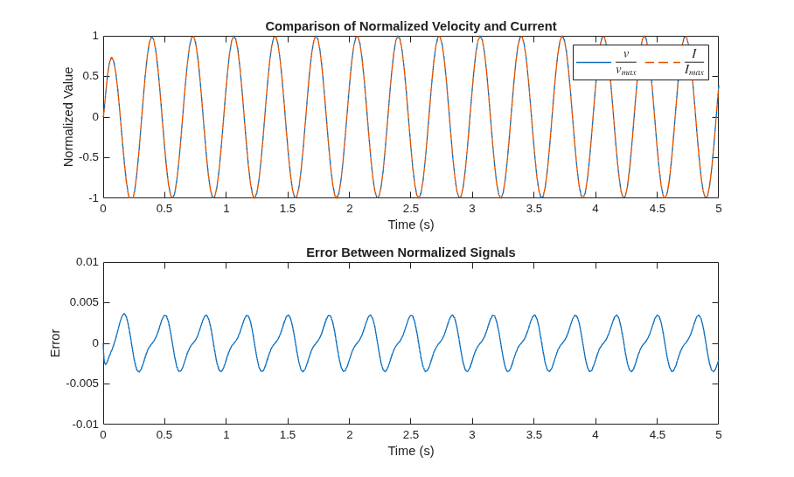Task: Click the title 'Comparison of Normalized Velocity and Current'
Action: click(411, 26)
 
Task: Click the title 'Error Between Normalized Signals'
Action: click(411, 252)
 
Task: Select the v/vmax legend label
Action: click(626, 62)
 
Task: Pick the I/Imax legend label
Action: click(694, 62)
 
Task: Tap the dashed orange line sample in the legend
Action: click(662, 62)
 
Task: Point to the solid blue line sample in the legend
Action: click(594, 62)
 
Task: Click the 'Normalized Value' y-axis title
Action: click(68, 117)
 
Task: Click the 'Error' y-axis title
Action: click(55, 343)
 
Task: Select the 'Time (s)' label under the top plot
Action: click(411, 225)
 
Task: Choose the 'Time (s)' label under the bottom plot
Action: click(411, 451)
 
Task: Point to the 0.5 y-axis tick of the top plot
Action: click(91, 76)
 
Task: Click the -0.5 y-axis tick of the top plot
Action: click(89, 157)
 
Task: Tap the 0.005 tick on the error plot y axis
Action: click(84, 302)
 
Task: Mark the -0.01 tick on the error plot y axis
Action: click(85, 424)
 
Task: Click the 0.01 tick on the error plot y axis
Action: click(87, 262)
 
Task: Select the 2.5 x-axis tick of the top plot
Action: click(411, 209)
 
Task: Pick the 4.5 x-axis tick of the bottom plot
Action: click(657, 434)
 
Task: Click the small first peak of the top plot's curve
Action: click(111, 58)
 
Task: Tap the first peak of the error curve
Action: click(123, 315)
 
